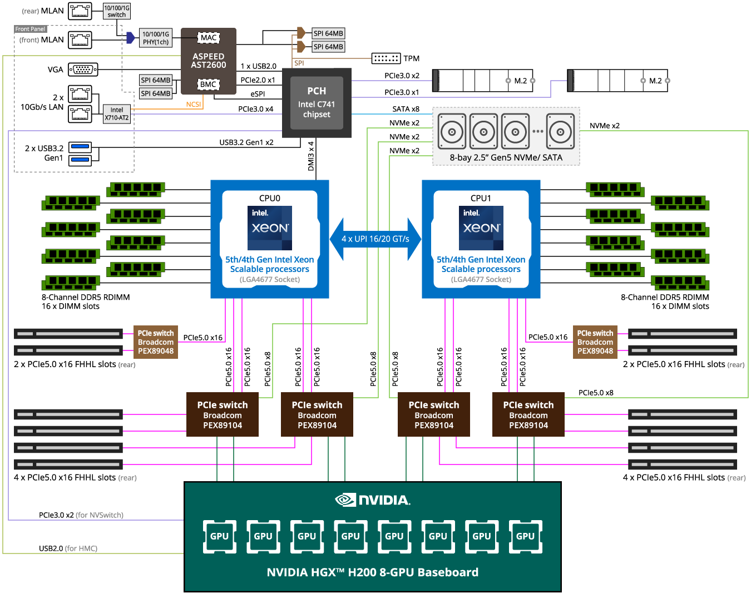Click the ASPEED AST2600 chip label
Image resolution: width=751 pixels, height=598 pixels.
(x=209, y=61)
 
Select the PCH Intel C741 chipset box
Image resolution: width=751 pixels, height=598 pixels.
(x=316, y=103)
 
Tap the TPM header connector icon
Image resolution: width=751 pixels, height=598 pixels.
(x=386, y=58)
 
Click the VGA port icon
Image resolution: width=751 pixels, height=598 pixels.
(x=83, y=70)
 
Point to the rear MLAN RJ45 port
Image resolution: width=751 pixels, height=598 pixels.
(x=80, y=11)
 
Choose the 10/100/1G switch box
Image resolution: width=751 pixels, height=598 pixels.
(x=117, y=11)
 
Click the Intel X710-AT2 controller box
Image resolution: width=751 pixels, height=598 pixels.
(x=117, y=114)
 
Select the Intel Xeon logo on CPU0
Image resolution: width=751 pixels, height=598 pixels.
(x=269, y=228)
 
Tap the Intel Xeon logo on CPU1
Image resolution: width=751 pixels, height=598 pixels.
(x=481, y=228)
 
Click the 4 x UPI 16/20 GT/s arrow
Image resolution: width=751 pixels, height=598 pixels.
(x=375, y=239)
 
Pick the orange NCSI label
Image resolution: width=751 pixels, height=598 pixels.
(x=194, y=105)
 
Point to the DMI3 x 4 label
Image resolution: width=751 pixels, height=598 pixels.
(x=310, y=156)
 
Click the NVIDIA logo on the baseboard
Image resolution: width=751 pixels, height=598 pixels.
(x=372, y=500)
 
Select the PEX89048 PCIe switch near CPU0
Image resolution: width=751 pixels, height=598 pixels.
(x=156, y=342)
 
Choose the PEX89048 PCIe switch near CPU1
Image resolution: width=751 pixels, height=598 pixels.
(x=595, y=342)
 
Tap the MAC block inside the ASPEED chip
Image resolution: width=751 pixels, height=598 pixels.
(x=209, y=38)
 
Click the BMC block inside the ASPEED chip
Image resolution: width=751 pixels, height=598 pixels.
(x=208, y=84)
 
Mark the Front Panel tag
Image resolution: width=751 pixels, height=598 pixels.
(x=30, y=29)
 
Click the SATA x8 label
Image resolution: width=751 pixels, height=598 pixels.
(x=406, y=109)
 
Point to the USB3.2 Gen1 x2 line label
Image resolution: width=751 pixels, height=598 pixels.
(x=246, y=142)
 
